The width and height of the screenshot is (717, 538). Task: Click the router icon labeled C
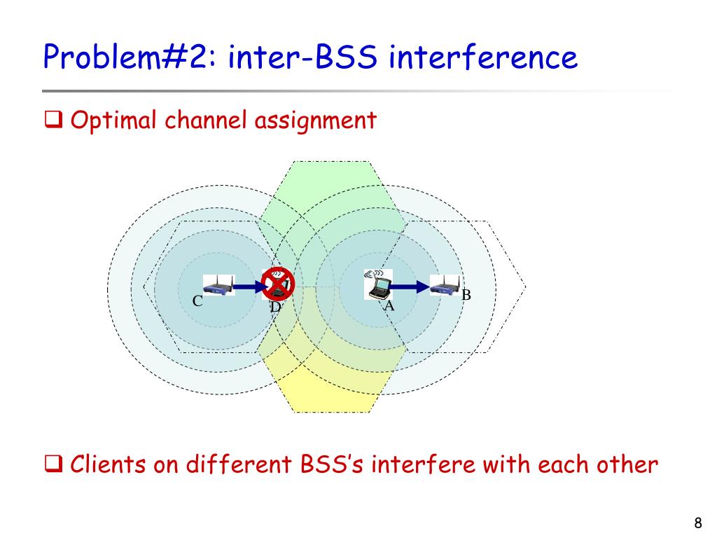coord(218,286)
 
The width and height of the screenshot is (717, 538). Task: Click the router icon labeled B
coord(445,286)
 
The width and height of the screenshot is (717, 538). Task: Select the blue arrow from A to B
coord(409,286)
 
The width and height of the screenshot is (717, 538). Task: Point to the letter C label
coord(197,302)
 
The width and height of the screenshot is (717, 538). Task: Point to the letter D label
coord(275,307)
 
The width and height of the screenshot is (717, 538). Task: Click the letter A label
coord(389,306)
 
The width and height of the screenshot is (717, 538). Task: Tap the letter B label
coord(466,295)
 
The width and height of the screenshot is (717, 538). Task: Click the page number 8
coord(697,523)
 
